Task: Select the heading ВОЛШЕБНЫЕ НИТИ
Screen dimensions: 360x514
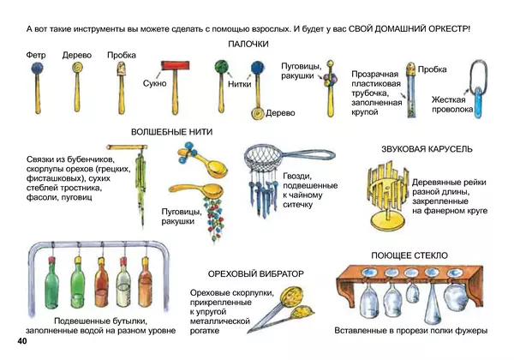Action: point(171,133)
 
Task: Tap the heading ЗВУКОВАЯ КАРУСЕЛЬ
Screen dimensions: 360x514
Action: point(427,149)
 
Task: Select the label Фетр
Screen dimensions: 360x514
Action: point(36,55)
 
